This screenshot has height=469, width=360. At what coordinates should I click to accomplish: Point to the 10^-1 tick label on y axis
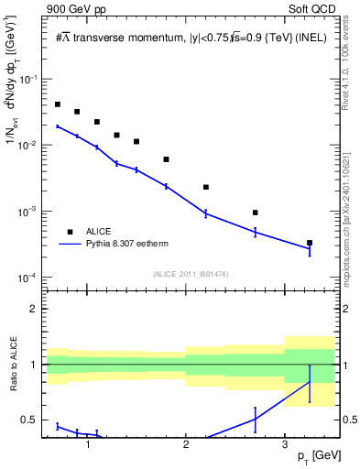pos(29,80)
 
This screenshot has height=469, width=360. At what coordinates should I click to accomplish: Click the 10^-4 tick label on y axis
pos(29,278)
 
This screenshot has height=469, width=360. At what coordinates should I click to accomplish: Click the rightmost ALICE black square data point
pos(310,243)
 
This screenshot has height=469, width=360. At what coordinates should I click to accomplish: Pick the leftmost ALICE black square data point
pos(58,104)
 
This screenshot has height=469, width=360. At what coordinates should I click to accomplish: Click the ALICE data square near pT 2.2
pos(206,187)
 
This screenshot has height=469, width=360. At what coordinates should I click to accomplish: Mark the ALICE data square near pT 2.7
pos(255,213)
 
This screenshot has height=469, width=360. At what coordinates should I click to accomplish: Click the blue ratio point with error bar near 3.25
pos(310,382)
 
